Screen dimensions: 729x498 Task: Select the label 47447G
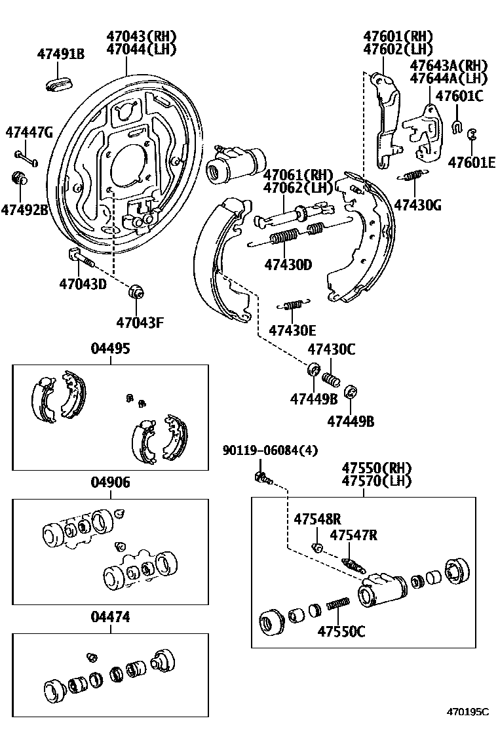coord(29,132)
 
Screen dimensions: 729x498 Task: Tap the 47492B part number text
coord(24,210)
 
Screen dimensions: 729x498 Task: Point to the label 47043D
coord(83,285)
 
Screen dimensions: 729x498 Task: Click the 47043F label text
coord(140,322)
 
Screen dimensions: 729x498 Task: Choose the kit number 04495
coord(110,348)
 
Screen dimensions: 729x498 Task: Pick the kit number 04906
coord(110,483)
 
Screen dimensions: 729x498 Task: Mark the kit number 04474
coord(110,617)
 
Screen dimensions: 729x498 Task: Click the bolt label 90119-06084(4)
coord(270,450)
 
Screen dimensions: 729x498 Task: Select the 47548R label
coord(317,518)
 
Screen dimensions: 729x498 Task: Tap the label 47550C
coord(341,631)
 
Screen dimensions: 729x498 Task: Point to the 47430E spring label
coord(293,330)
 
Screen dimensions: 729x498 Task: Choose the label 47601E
coord(472,162)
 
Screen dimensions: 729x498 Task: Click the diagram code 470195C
coord(468,711)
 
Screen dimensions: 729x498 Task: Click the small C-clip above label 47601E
coord(472,134)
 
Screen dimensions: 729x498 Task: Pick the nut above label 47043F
coord(137,290)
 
